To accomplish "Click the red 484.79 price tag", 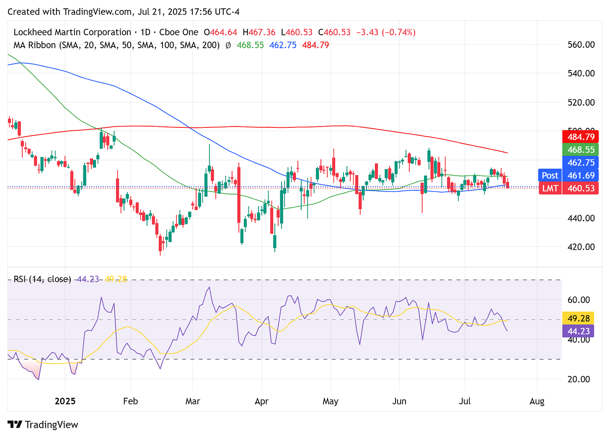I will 581,137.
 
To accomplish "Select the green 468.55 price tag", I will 581,150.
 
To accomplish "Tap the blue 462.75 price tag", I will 581,163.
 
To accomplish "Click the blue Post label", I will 550,176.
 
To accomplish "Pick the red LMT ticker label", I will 550,188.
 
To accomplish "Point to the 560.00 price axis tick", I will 581,44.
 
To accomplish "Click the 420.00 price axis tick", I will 581,247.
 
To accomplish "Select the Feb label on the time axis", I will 130,402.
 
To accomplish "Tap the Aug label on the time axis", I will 537,402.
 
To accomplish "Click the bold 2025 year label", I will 65,402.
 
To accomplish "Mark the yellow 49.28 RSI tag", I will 579,319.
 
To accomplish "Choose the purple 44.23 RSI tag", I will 579,331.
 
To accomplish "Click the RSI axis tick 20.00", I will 578,379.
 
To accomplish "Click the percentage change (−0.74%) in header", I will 398,32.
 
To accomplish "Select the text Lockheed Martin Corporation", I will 72,32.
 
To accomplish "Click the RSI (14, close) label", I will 42,279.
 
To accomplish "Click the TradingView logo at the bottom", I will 43,425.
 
